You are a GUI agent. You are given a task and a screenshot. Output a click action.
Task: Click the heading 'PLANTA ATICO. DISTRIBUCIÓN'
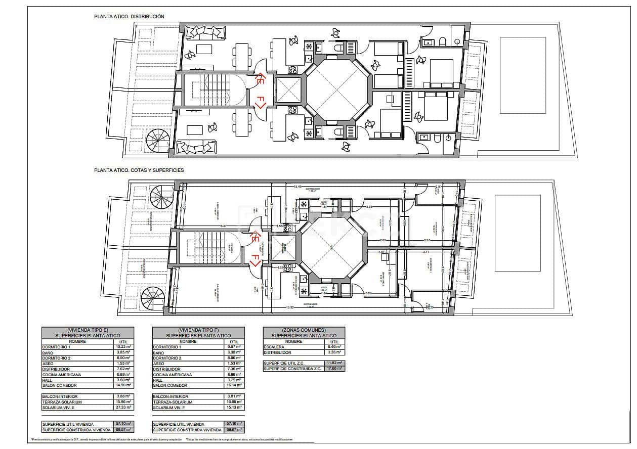pyautogui.click(x=129, y=16)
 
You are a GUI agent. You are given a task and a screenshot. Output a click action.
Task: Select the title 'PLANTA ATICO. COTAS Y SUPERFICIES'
pyautogui.click(x=139, y=170)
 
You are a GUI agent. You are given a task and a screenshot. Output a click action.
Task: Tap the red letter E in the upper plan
pyautogui.click(x=260, y=79)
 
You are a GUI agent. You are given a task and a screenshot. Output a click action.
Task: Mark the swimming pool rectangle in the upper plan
pyautogui.click(x=523, y=75)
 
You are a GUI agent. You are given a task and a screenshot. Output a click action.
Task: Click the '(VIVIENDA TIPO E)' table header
pyautogui.click(x=88, y=330)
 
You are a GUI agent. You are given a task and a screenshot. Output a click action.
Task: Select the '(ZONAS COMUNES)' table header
pyautogui.click(x=304, y=330)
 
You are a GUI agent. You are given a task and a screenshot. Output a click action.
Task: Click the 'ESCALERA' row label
pyautogui.click(x=274, y=347)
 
